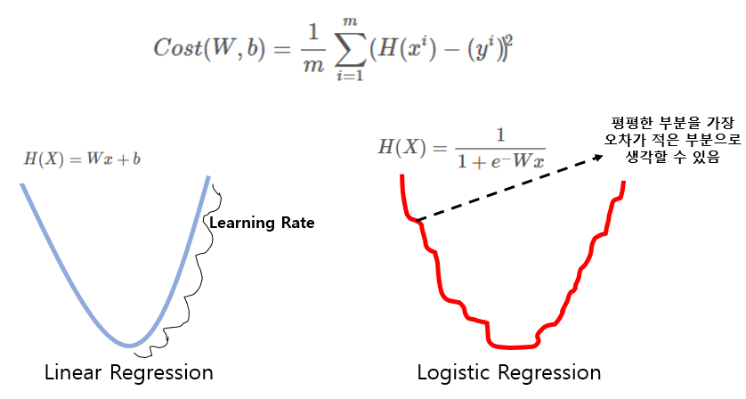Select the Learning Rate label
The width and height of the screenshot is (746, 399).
pos(261,223)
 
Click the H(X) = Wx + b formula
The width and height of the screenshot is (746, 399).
pos(83,159)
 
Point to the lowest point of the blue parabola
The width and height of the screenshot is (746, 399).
pos(131,345)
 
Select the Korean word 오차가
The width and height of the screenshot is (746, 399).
pos(614,141)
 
